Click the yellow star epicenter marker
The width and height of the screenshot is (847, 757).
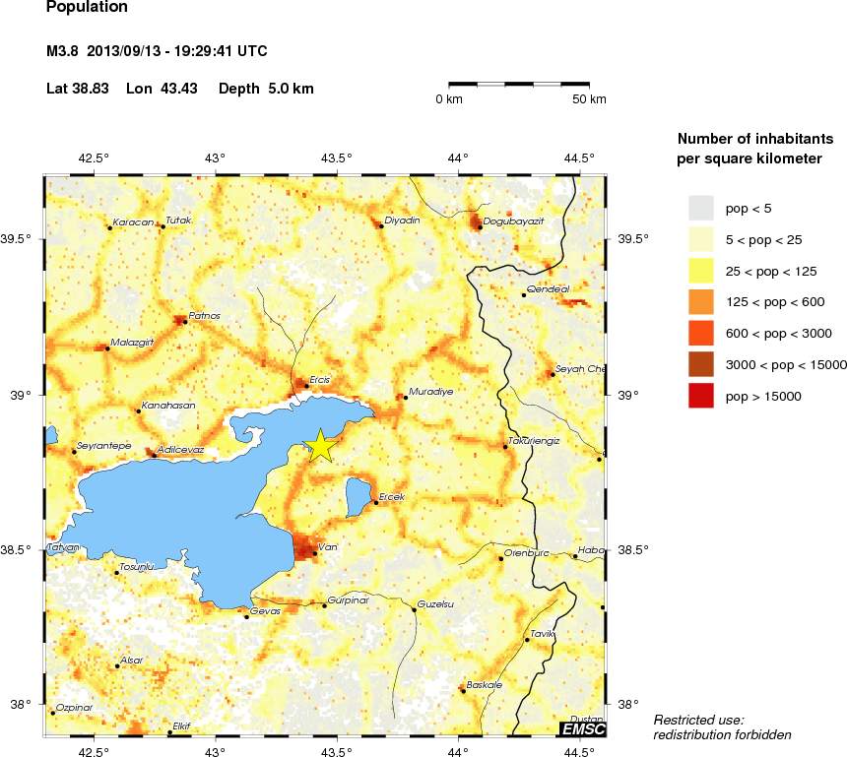click(320, 445)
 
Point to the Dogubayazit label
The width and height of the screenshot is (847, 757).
click(513, 221)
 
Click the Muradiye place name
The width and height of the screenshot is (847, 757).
click(430, 391)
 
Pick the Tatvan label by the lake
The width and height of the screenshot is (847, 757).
click(62, 547)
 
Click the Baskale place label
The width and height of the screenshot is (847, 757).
click(485, 684)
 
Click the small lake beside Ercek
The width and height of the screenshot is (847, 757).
click(358, 495)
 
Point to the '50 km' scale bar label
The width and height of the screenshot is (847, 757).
click(590, 99)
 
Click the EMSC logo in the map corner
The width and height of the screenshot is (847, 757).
click(582, 728)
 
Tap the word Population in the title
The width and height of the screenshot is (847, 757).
click(87, 7)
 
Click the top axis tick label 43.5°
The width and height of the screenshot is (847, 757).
click(337, 158)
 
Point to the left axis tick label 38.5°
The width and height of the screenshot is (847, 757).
click(20, 549)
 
